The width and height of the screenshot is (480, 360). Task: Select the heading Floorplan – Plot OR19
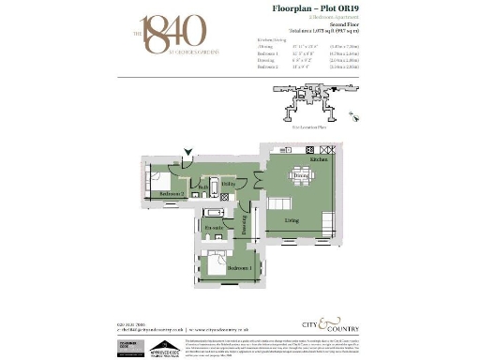[x=299, y=8]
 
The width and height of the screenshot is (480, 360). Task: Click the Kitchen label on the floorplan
[x=318, y=160]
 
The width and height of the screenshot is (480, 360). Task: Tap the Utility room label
[x=228, y=184]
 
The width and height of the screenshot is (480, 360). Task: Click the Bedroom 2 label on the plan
[x=170, y=193]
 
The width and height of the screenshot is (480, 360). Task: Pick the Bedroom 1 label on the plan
[x=239, y=269]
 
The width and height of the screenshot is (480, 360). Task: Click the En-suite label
[x=212, y=228]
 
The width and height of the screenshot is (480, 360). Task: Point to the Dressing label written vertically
[x=242, y=224]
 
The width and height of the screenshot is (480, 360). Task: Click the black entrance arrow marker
[x=189, y=149]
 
